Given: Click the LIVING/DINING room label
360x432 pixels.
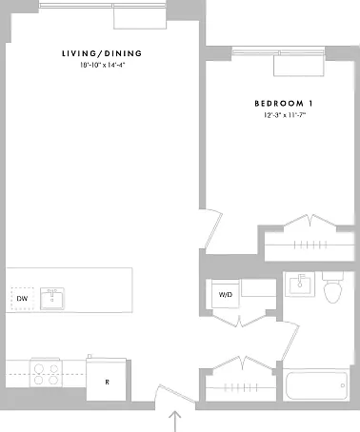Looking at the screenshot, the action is [x=102, y=53].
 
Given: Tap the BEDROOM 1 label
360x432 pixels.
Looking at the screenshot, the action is [x=284, y=104].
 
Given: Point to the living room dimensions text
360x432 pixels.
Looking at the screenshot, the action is [x=102, y=65].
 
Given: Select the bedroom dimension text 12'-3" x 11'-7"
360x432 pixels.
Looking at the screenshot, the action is [x=285, y=115].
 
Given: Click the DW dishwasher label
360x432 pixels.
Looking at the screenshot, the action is [x=22, y=299].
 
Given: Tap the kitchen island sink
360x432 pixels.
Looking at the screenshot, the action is [x=52, y=299].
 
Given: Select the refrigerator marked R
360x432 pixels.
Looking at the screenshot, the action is [x=107, y=379].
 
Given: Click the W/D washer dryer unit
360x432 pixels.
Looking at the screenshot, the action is [x=226, y=294].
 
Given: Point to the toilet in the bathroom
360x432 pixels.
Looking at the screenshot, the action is [x=332, y=287].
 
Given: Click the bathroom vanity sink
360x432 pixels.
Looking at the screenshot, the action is [x=300, y=284].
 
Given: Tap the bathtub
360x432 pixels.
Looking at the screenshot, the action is [x=316, y=385].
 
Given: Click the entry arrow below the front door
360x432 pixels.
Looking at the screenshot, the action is [x=174, y=422].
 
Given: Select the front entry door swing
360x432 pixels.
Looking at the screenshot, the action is [x=174, y=396].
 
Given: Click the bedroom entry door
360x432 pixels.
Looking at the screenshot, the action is [x=213, y=229].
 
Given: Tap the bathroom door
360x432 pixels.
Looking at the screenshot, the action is [x=290, y=342].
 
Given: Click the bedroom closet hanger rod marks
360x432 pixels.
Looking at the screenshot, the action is [x=310, y=245].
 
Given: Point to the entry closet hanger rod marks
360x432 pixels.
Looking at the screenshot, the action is [x=241, y=387].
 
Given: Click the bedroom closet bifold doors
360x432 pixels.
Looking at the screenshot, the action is [x=310, y=221].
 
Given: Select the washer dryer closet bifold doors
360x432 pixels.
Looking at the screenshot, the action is [x=240, y=320].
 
